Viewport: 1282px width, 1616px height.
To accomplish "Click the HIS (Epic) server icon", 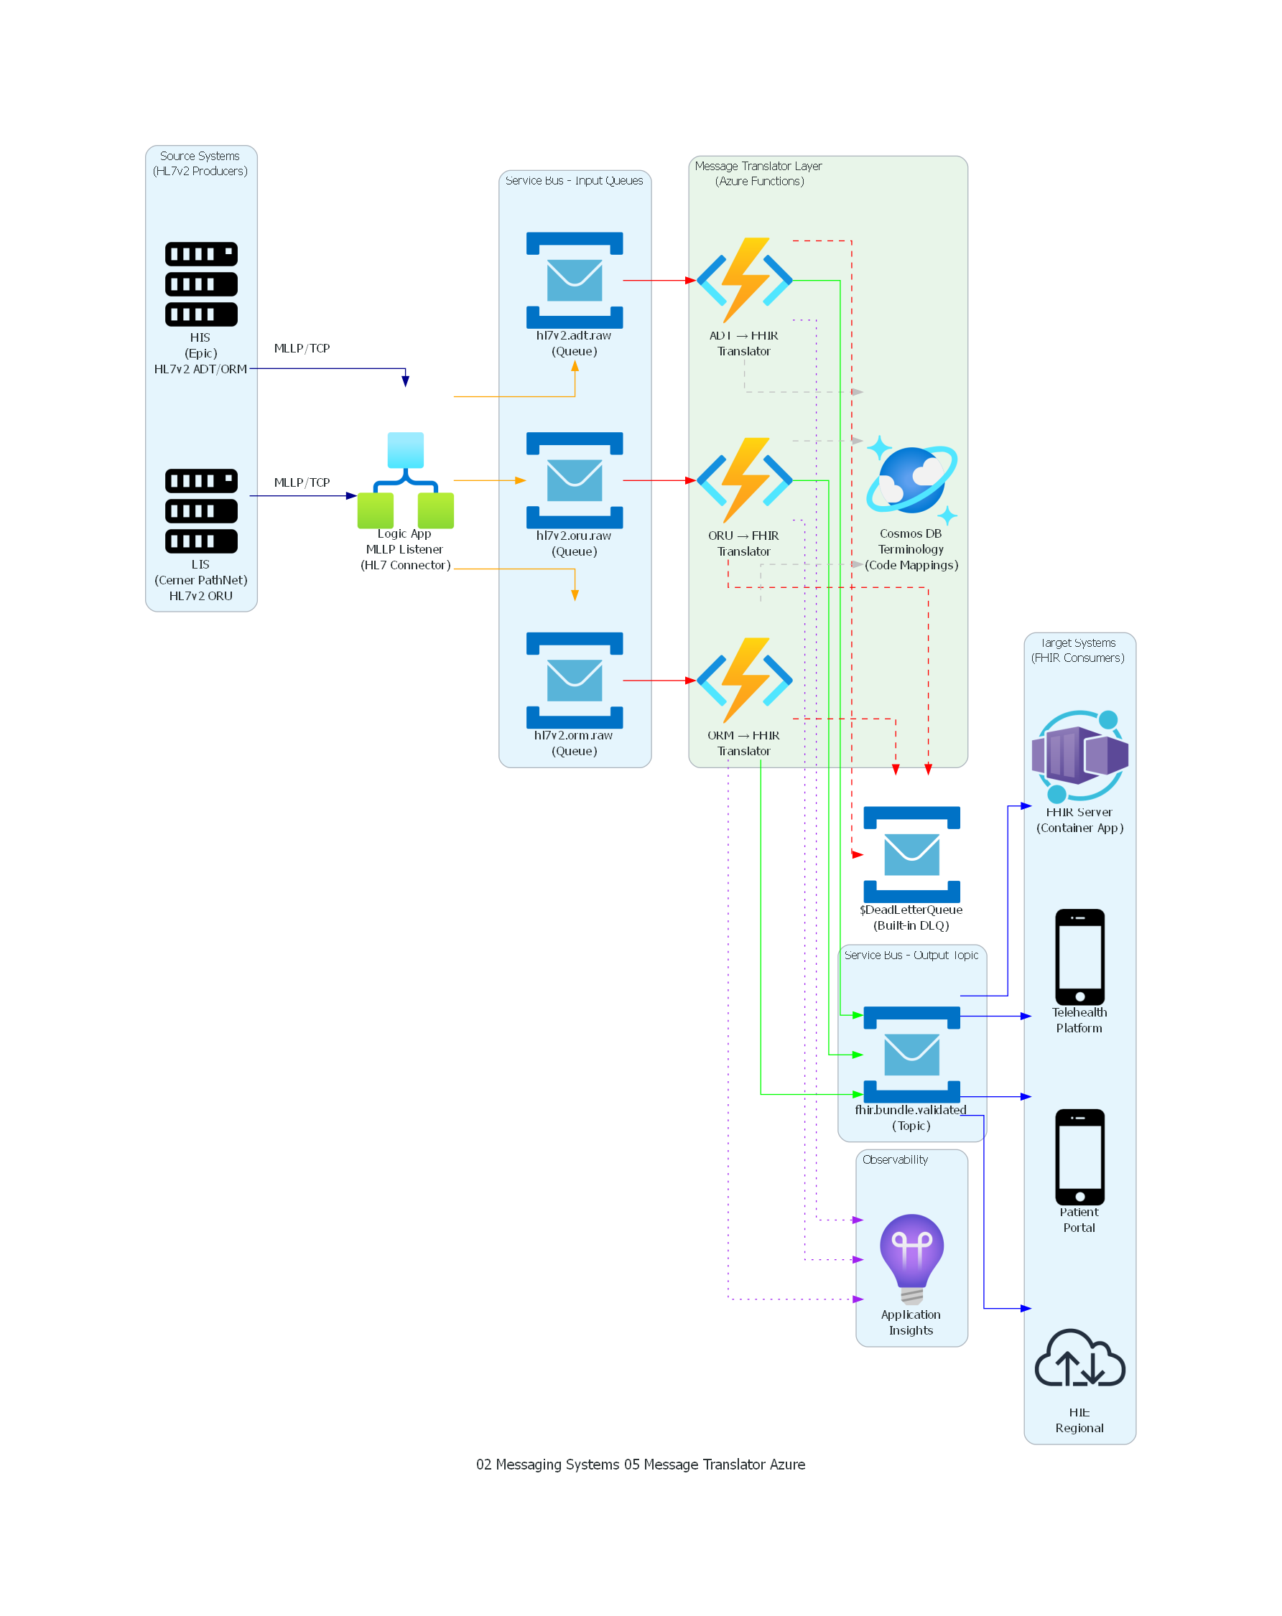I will click(x=201, y=284).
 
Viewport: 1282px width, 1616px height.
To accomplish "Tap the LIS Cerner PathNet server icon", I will click(x=201, y=510).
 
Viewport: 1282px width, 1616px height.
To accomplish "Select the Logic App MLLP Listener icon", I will click(x=405, y=480).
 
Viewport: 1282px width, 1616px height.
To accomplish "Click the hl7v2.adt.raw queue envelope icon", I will click(x=575, y=280).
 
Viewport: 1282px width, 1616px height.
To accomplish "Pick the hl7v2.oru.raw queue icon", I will click(x=575, y=480).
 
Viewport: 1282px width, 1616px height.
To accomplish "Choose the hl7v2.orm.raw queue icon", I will click(x=575, y=680).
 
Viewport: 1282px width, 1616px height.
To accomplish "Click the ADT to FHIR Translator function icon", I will click(x=744, y=280).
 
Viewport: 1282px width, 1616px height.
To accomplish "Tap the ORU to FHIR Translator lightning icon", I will click(x=744, y=480).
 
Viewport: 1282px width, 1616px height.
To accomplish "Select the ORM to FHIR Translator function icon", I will click(x=744, y=680).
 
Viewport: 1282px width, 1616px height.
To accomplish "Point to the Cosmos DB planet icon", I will click(x=911, y=480).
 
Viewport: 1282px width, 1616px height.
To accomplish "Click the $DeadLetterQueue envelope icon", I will click(x=911, y=854).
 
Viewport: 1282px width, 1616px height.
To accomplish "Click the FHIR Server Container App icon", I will click(x=1079, y=755).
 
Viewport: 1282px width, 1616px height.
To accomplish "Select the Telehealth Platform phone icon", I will click(x=1079, y=956).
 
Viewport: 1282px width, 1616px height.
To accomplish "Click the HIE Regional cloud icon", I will click(x=1079, y=1358).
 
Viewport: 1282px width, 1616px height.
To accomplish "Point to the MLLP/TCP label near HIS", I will click(x=302, y=347).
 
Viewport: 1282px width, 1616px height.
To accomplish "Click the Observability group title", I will click(x=894, y=1159).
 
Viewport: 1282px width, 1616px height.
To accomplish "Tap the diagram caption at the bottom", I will click(x=640, y=1464).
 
